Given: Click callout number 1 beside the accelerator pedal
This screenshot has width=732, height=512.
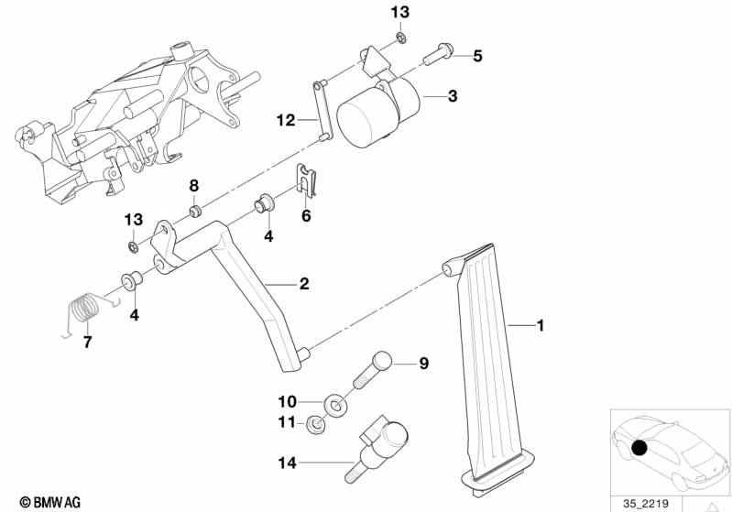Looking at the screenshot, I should click(x=540, y=325).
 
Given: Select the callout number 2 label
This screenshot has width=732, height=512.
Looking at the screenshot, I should click(x=303, y=284).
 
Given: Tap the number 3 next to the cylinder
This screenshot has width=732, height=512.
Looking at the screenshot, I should click(x=452, y=96).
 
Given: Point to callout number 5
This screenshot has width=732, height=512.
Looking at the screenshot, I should click(x=477, y=56).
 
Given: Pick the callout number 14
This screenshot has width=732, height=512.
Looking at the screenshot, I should click(x=288, y=463).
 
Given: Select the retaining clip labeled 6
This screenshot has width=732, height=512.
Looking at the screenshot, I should click(x=310, y=180).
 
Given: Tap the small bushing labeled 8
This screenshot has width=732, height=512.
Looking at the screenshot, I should click(x=194, y=212).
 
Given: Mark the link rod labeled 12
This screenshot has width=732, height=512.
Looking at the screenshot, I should click(x=322, y=111).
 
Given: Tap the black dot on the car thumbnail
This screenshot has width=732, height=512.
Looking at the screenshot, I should click(x=639, y=449).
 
